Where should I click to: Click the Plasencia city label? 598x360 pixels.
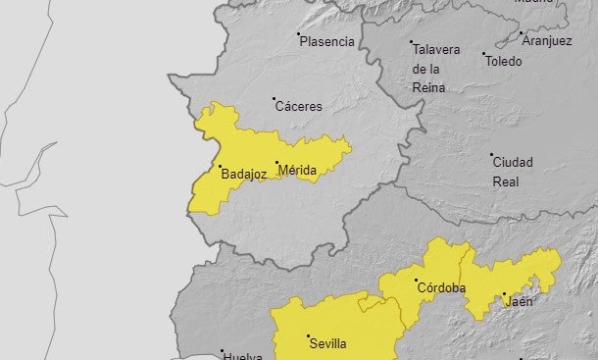point(326,42)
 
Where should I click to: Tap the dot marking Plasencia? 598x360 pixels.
point(299,34)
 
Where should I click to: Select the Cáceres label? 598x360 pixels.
point(298,106)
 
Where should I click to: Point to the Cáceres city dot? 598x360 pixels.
point(274,98)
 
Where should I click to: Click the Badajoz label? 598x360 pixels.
point(244,175)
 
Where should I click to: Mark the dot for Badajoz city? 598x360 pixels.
point(220,167)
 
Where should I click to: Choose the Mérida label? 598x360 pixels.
point(297,171)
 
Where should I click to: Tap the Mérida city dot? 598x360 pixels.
point(276,163)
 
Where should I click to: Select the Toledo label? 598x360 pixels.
point(503,61)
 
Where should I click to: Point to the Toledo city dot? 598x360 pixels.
point(483,53)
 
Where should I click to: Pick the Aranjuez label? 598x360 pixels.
point(547,41)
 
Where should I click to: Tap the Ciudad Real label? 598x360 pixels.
point(513,171)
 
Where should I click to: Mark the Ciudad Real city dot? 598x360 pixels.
point(492,154)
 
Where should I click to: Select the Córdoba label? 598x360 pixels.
point(441,287)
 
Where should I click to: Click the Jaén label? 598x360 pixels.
point(519,301)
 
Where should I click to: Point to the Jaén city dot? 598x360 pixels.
point(503,293)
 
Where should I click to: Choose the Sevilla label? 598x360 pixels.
point(327,344)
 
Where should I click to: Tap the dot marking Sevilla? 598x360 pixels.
point(308,336)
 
